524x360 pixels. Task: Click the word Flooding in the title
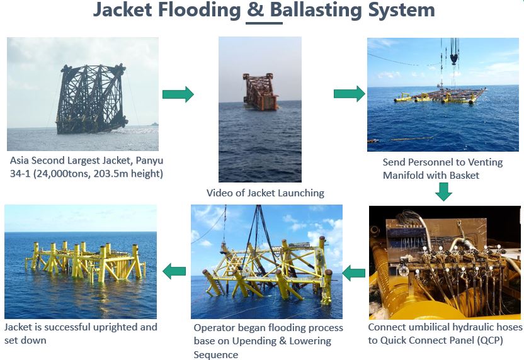[200, 10]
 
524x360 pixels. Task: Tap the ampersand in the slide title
[256, 9]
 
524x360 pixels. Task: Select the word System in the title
[401, 10]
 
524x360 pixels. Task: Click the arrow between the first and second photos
[178, 94]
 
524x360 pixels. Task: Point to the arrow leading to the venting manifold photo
[349, 94]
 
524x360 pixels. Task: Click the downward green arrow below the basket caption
[444, 192]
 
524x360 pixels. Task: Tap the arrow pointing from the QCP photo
[353, 273]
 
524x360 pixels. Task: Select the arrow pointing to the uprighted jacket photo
[174, 271]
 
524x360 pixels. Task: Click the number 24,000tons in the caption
[61, 174]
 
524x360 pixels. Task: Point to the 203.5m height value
[128, 174]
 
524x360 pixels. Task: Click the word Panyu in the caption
[149, 160]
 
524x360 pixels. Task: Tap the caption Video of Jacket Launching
[265, 193]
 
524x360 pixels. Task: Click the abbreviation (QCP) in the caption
[490, 340]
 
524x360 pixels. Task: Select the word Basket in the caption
[465, 176]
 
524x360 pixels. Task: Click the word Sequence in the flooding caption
[216, 354]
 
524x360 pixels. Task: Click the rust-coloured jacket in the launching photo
[260, 91]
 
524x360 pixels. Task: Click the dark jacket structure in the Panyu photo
[91, 99]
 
